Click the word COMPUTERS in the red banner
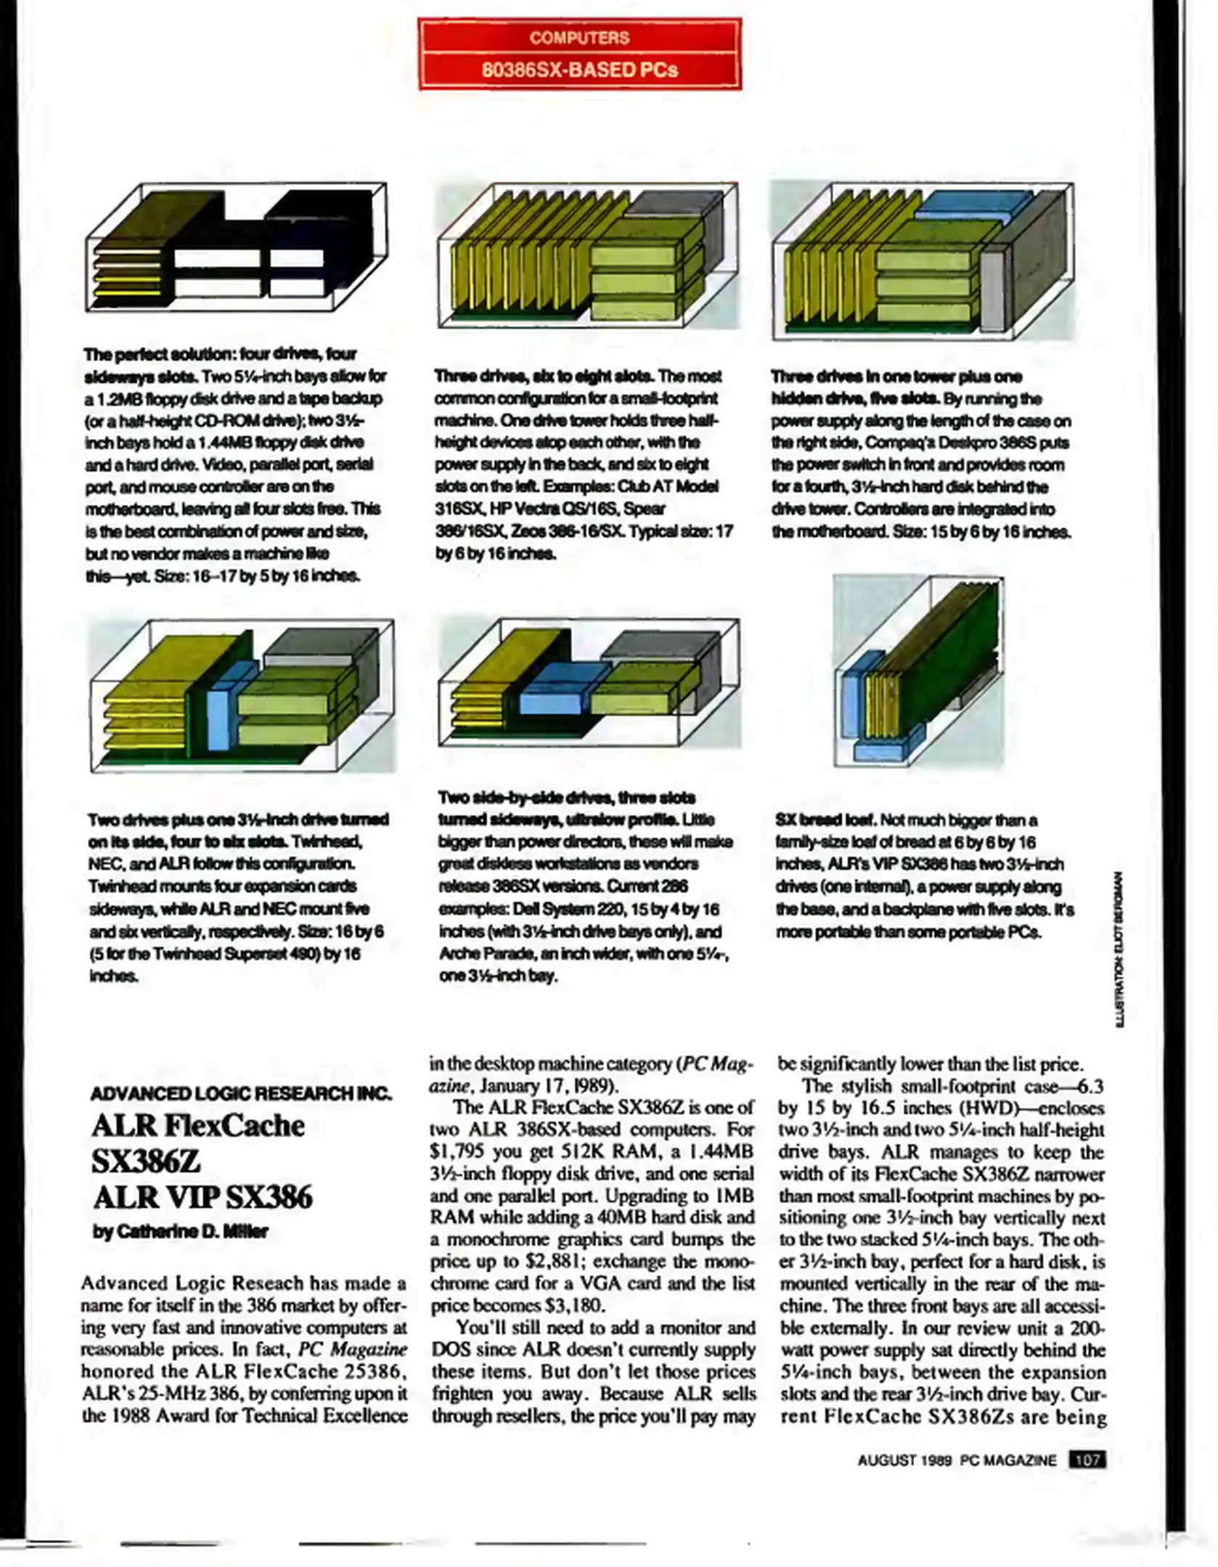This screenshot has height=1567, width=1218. [579, 38]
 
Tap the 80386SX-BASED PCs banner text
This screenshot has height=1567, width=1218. [579, 70]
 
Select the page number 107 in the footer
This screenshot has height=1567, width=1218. [1087, 1460]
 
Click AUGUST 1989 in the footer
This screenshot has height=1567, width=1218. [904, 1460]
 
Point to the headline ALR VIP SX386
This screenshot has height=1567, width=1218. [203, 1198]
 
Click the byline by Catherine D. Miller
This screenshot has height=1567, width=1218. [181, 1232]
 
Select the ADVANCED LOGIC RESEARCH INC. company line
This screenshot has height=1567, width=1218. [240, 1093]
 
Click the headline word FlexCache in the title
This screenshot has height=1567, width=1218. [234, 1127]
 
